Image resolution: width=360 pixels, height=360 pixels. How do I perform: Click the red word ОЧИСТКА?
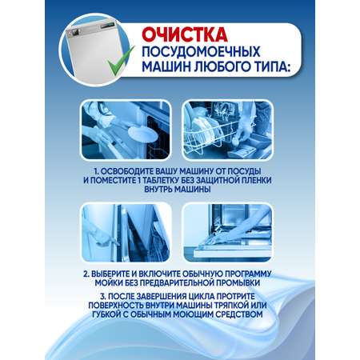coord(185,34)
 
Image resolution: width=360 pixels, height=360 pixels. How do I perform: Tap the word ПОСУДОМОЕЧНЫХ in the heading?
coord(201,51)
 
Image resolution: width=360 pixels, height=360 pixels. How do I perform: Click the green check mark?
coord(121,61)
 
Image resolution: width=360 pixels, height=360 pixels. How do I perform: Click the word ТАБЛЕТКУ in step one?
coord(160,180)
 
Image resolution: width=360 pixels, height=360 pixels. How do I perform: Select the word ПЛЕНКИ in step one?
coord(257,180)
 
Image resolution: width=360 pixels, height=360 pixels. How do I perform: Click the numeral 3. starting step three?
coord(103,297)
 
